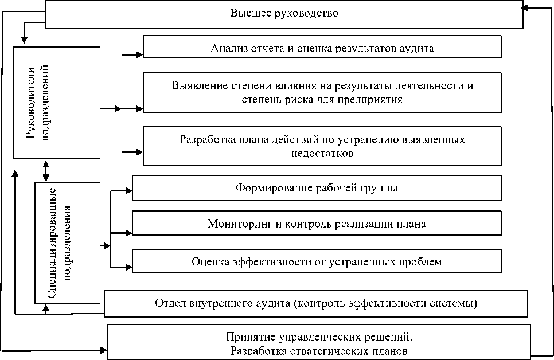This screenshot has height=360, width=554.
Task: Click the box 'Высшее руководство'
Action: (284, 14)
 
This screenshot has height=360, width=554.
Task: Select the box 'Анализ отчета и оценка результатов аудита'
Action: (322, 46)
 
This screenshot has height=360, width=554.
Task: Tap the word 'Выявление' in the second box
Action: (199, 86)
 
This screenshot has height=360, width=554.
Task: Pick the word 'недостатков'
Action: (322, 154)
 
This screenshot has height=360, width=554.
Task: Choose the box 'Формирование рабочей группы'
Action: (317, 188)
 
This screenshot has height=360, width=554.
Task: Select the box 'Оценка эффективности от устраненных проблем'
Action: (317, 261)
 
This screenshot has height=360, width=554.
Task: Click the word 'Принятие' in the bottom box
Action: (251, 337)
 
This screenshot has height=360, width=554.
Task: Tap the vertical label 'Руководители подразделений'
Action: (37, 103)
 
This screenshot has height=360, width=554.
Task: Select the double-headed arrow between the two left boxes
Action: (46, 171)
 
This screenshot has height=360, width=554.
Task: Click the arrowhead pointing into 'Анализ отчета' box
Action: (139, 55)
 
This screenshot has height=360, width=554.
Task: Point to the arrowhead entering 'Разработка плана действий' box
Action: (139, 152)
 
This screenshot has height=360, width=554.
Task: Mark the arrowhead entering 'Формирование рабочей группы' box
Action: (129, 191)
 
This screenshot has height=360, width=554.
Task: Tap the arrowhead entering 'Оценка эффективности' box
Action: (129, 267)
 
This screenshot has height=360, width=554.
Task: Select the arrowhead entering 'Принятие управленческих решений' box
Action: (104, 350)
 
